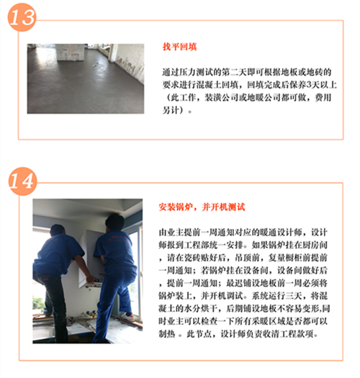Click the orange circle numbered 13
click(22, 17)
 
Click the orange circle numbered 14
click(22, 181)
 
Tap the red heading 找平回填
click(179, 47)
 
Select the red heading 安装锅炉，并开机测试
click(202, 207)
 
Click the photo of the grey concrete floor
click(86, 78)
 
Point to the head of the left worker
click(58, 230)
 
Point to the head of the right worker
click(115, 222)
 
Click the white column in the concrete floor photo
click(70, 52)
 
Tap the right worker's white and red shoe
click(127, 316)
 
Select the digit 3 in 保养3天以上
click(309, 85)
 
